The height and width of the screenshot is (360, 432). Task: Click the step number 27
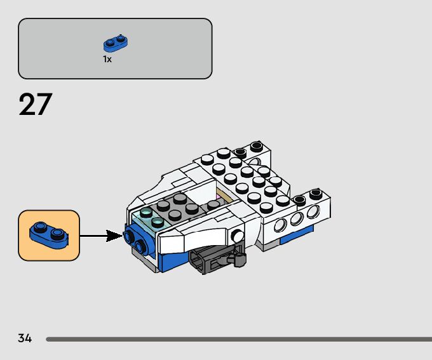click(x=36, y=104)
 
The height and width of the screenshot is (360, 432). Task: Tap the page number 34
click(x=25, y=338)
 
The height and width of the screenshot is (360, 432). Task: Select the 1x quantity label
click(x=107, y=59)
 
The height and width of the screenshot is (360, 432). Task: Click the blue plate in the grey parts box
click(x=116, y=44)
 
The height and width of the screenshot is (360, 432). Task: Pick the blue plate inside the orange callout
click(x=49, y=236)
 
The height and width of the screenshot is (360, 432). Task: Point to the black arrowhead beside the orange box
click(x=114, y=236)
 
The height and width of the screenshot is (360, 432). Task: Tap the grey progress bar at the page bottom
click(x=239, y=339)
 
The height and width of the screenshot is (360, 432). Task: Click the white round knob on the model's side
click(x=237, y=236)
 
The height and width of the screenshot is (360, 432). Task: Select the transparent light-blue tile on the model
click(x=150, y=218)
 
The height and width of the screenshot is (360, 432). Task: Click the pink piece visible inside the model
click(x=219, y=197)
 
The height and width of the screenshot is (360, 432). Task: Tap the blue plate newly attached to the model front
click(x=137, y=239)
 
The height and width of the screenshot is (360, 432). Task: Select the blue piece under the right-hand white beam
click(x=296, y=235)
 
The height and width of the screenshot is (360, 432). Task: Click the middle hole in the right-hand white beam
click(x=297, y=218)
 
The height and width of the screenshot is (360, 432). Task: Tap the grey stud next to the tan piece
click(x=213, y=205)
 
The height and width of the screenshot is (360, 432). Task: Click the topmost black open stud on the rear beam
click(x=256, y=146)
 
